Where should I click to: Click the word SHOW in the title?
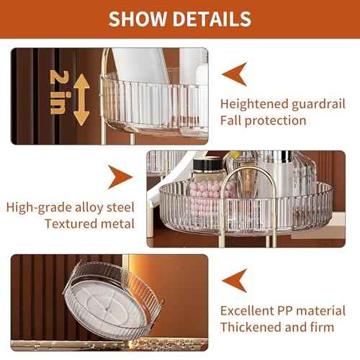[x=138, y=19]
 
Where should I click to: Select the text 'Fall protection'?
[x=264, y=120]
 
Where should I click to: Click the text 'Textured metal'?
[x=89, y=223]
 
